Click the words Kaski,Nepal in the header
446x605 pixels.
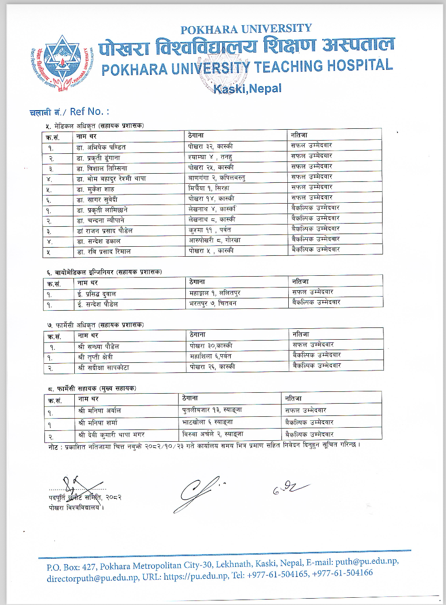247,88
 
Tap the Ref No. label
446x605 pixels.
89,112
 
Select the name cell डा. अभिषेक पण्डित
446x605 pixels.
101,147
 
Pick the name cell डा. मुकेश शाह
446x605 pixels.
95,189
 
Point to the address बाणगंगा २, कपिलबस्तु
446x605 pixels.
217,178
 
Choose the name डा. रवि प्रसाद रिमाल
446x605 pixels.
104,252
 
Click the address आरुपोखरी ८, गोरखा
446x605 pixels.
215,240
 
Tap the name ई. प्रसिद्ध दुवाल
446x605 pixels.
97,294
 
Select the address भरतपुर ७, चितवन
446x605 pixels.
213,303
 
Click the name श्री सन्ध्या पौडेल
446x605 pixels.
98,347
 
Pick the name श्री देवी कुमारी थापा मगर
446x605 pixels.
111,435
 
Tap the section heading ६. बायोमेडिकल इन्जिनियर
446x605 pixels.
104,272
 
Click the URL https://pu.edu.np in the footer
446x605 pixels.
195,576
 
